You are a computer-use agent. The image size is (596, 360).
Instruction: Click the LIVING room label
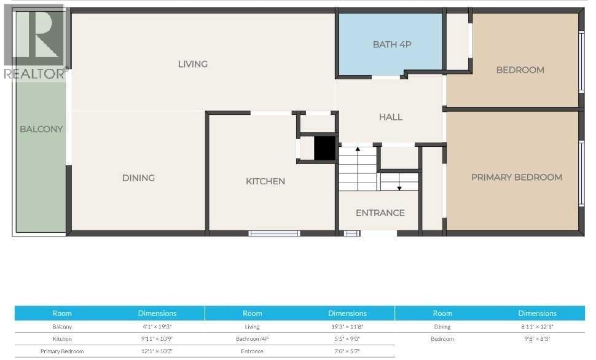[193, 64]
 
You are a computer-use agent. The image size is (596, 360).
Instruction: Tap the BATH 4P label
[391, 44]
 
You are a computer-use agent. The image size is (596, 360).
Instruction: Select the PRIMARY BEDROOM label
[516, 178]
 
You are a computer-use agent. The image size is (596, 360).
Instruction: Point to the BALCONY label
[41, 129]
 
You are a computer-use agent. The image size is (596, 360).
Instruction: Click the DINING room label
[138, 178]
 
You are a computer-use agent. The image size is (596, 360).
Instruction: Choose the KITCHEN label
[265, 181]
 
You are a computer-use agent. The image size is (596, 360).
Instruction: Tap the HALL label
[391, 117]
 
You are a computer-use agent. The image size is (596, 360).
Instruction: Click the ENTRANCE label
[380, 213]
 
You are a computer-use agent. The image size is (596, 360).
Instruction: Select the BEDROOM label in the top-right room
[520, 70]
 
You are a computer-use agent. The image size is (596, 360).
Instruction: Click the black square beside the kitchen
[324, 148]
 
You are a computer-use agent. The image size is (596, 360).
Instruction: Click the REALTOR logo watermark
[34, 43]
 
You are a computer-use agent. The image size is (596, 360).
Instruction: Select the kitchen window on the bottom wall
[274, 233]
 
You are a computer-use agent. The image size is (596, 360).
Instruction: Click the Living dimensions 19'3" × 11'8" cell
[347, 327]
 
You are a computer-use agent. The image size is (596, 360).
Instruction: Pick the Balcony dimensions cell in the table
[157, 327]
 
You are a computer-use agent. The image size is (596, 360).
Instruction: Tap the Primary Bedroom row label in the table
[62, 351]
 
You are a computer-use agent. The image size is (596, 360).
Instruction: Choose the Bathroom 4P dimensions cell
[347, 339]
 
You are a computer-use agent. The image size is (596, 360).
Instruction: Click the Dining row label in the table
[442, 327]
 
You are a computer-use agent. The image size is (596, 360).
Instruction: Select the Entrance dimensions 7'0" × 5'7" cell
[347, 351]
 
